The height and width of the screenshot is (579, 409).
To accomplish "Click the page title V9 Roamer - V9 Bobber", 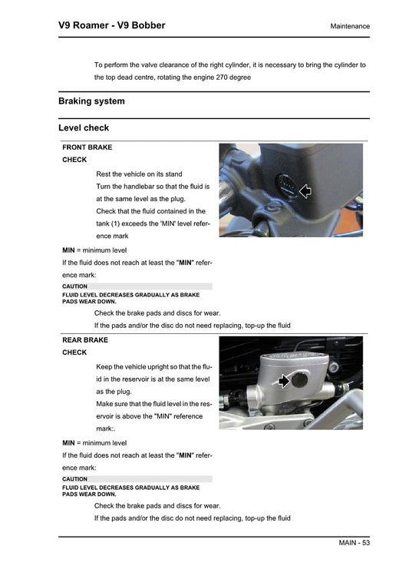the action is [x=111, y=25].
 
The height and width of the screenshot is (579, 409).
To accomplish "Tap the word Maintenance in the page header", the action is [x=350, y=26].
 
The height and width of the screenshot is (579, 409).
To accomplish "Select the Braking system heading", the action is [x=91, y=101].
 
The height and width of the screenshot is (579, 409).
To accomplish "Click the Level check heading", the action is [x=84, y=127].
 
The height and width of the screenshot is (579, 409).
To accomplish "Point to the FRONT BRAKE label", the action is [x=87, y=147].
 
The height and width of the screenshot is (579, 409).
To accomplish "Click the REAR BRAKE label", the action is [x=85, y=339].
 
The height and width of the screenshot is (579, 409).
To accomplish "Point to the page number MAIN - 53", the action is [x=355, y=543].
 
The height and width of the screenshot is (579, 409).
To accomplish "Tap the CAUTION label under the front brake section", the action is [x=74, y=286].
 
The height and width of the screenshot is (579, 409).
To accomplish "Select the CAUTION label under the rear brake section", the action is [x=74, y=479].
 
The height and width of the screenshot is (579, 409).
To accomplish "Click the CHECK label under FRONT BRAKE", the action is [x=74, y=160].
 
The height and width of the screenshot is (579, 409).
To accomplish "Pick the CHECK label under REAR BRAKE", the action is [x=74, y=352].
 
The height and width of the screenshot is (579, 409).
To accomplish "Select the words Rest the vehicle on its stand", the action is [x=140, y=174].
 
